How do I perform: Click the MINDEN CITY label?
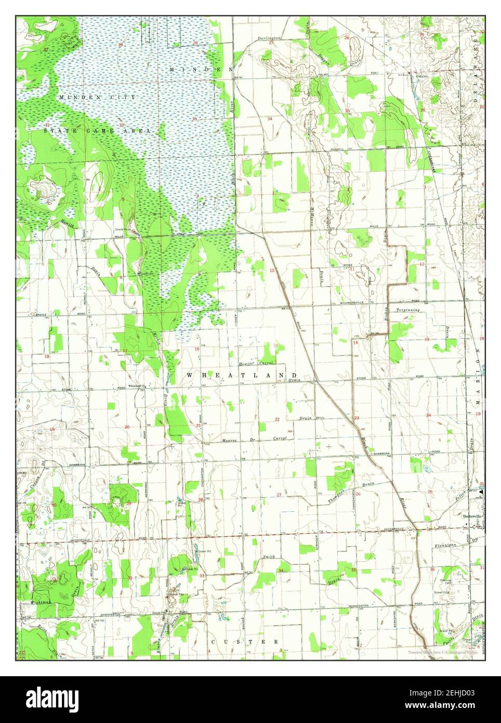[97, 97]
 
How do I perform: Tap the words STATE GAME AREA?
[97, 131]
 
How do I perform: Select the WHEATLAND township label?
[242, 375]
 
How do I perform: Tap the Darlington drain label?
[269, 38]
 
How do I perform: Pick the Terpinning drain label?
[407, 309]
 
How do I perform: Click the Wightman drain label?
[41, 602]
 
